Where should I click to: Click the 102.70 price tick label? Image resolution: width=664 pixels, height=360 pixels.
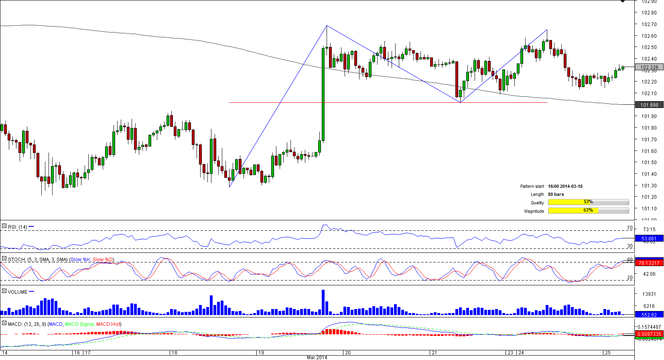click(x=649, y=24)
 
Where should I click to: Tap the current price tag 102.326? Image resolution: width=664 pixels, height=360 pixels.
click(x=649, y=67)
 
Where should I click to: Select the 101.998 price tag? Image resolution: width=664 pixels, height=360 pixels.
click(x=649, y=105)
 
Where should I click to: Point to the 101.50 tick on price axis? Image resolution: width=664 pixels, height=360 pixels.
click(x=649, y=163)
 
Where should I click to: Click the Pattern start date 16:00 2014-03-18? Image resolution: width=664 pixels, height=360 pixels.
click(x=565, y=186)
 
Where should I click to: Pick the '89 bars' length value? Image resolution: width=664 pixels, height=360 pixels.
click(x=556, y=194)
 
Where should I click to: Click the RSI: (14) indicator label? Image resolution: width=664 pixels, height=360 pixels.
click(x=18, y=227)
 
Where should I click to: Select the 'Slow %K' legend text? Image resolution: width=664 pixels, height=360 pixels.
click(x=81, y=260)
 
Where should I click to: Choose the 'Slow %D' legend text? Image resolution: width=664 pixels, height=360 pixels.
click(x=103, y=260)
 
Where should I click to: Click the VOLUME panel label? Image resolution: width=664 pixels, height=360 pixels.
click(x=18, y=292)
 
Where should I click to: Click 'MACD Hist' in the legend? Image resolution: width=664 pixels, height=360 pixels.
click(x=108, y=324)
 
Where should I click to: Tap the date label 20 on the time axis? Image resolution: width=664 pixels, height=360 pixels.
click(x=348, y=353)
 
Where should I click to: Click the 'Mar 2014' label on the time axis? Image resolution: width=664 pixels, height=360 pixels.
click(x=317, y=357)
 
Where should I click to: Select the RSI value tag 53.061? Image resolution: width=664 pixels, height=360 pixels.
click(x=649, y=239)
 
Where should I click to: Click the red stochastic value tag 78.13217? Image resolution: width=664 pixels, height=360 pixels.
click(x=649, y=263)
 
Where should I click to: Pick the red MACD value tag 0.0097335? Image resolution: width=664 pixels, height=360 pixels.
click(x=649, y=334)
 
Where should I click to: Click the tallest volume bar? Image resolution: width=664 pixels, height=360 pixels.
click(x=323, y=302)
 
